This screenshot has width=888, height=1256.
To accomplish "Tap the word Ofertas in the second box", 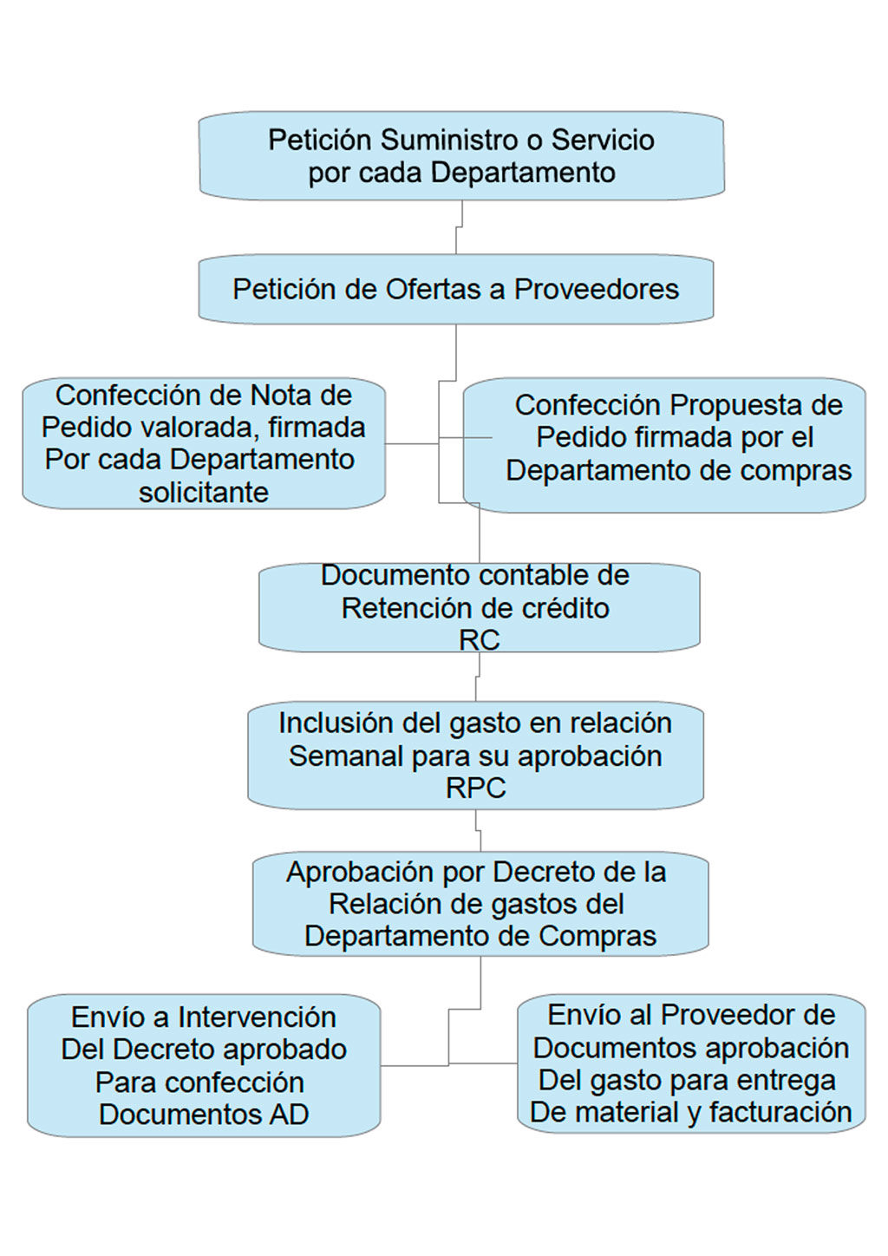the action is tap(426, 290).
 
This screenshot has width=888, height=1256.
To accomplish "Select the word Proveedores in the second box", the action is tap(597, 290).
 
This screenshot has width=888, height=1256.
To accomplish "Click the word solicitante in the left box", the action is tap(204, 493).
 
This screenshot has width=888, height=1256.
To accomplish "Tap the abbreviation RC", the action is tap(480, 640).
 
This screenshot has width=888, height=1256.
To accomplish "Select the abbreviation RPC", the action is tap(476, 788).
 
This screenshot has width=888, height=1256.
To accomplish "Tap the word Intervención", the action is tap(257, 1017).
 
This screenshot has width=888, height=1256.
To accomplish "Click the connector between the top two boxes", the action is tap(459, 227).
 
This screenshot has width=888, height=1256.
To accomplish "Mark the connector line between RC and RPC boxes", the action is tap(478, 677).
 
